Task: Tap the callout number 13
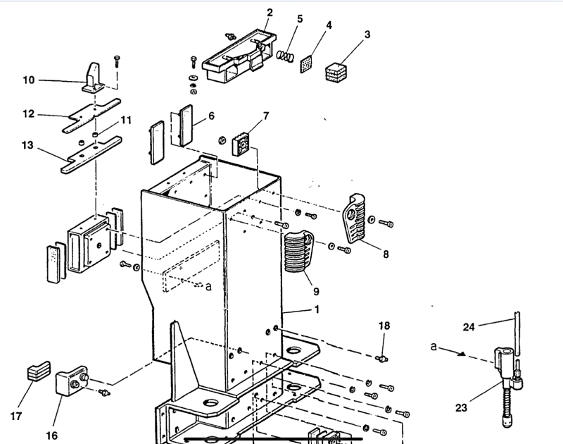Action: click(x=27, y=145)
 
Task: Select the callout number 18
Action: click(x=384, y=326)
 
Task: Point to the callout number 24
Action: click(x=469, y=326)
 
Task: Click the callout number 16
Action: click(x=51, y=435)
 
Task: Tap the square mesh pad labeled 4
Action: click(x=306, y=65)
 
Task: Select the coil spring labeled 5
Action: click(x=284, y=55)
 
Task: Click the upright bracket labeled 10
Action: click(x=91, y=78)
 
